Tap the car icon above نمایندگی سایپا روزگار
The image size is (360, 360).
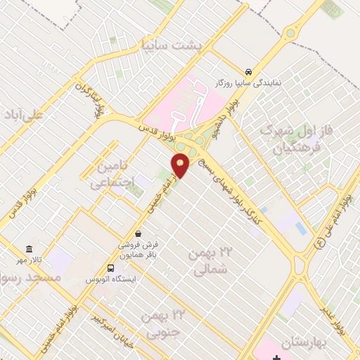(249, 72)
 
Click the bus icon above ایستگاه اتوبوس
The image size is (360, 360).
(110, 268)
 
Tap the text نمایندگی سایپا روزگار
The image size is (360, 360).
(249, 83)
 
